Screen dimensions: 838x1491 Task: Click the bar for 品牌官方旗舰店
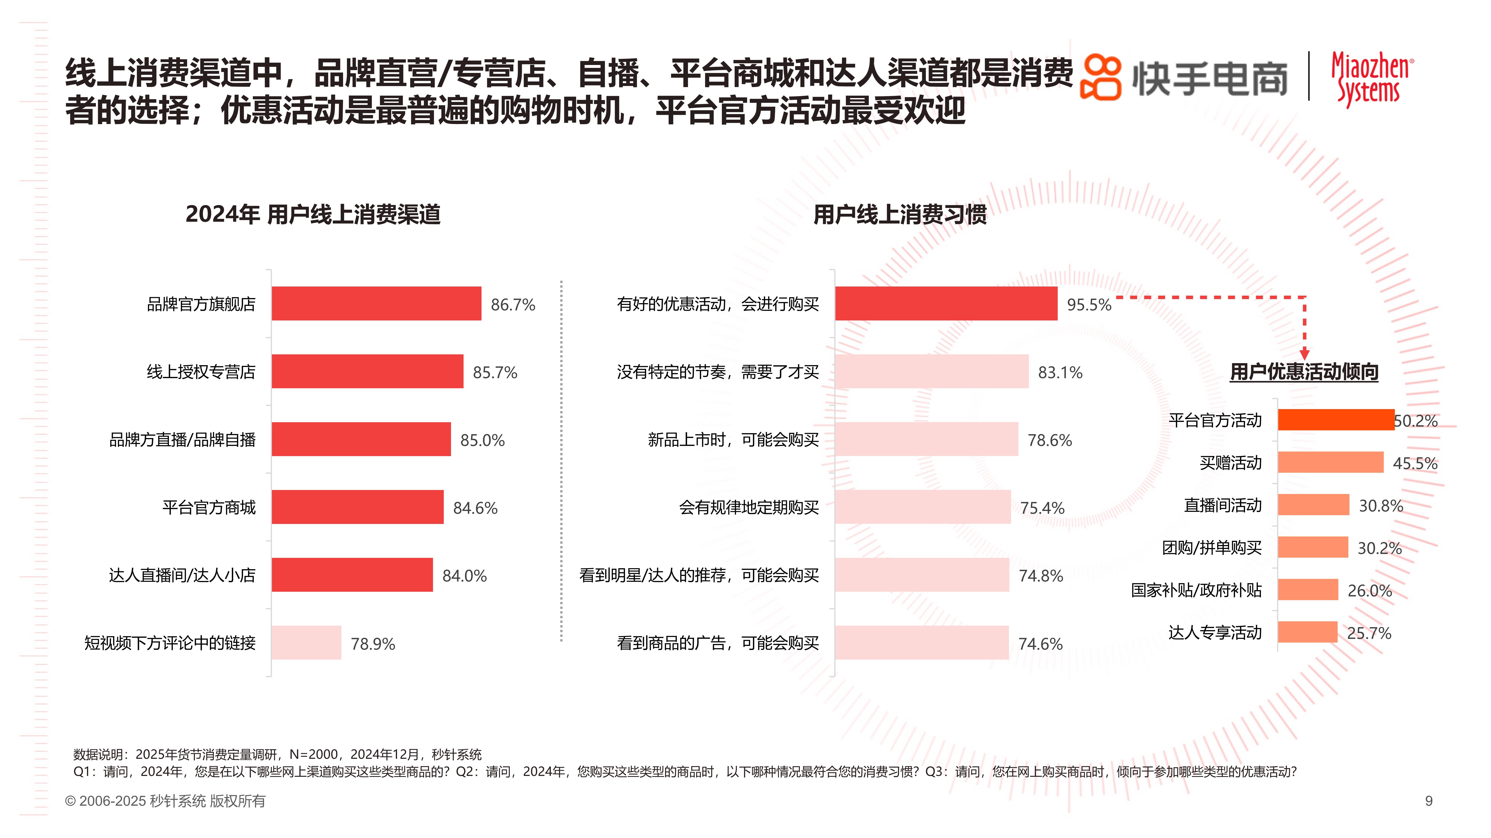coord(376,304)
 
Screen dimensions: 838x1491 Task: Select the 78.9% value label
coord(373,644)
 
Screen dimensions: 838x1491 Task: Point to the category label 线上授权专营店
coord(201,372)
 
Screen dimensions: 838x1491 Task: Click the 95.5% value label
coord(1089,305)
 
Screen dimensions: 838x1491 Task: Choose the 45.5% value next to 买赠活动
coord(1415,463)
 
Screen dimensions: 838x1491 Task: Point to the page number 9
coord(1428,801)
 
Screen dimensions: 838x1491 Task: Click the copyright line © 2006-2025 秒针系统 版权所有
coord(165,801)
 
